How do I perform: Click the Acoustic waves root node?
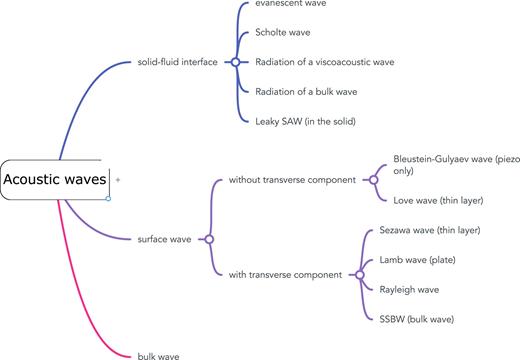(x=55, y=180)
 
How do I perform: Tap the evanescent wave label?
(x=291, y=4)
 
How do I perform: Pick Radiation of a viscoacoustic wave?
(x=325, y=62)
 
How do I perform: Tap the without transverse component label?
(x=290, y=180)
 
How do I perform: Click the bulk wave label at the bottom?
(x=161, y=354)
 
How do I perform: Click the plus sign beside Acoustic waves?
(x=118, y=180)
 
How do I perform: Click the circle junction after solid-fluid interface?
(x=234, y=62)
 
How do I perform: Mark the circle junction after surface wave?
(x=208, y=239)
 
